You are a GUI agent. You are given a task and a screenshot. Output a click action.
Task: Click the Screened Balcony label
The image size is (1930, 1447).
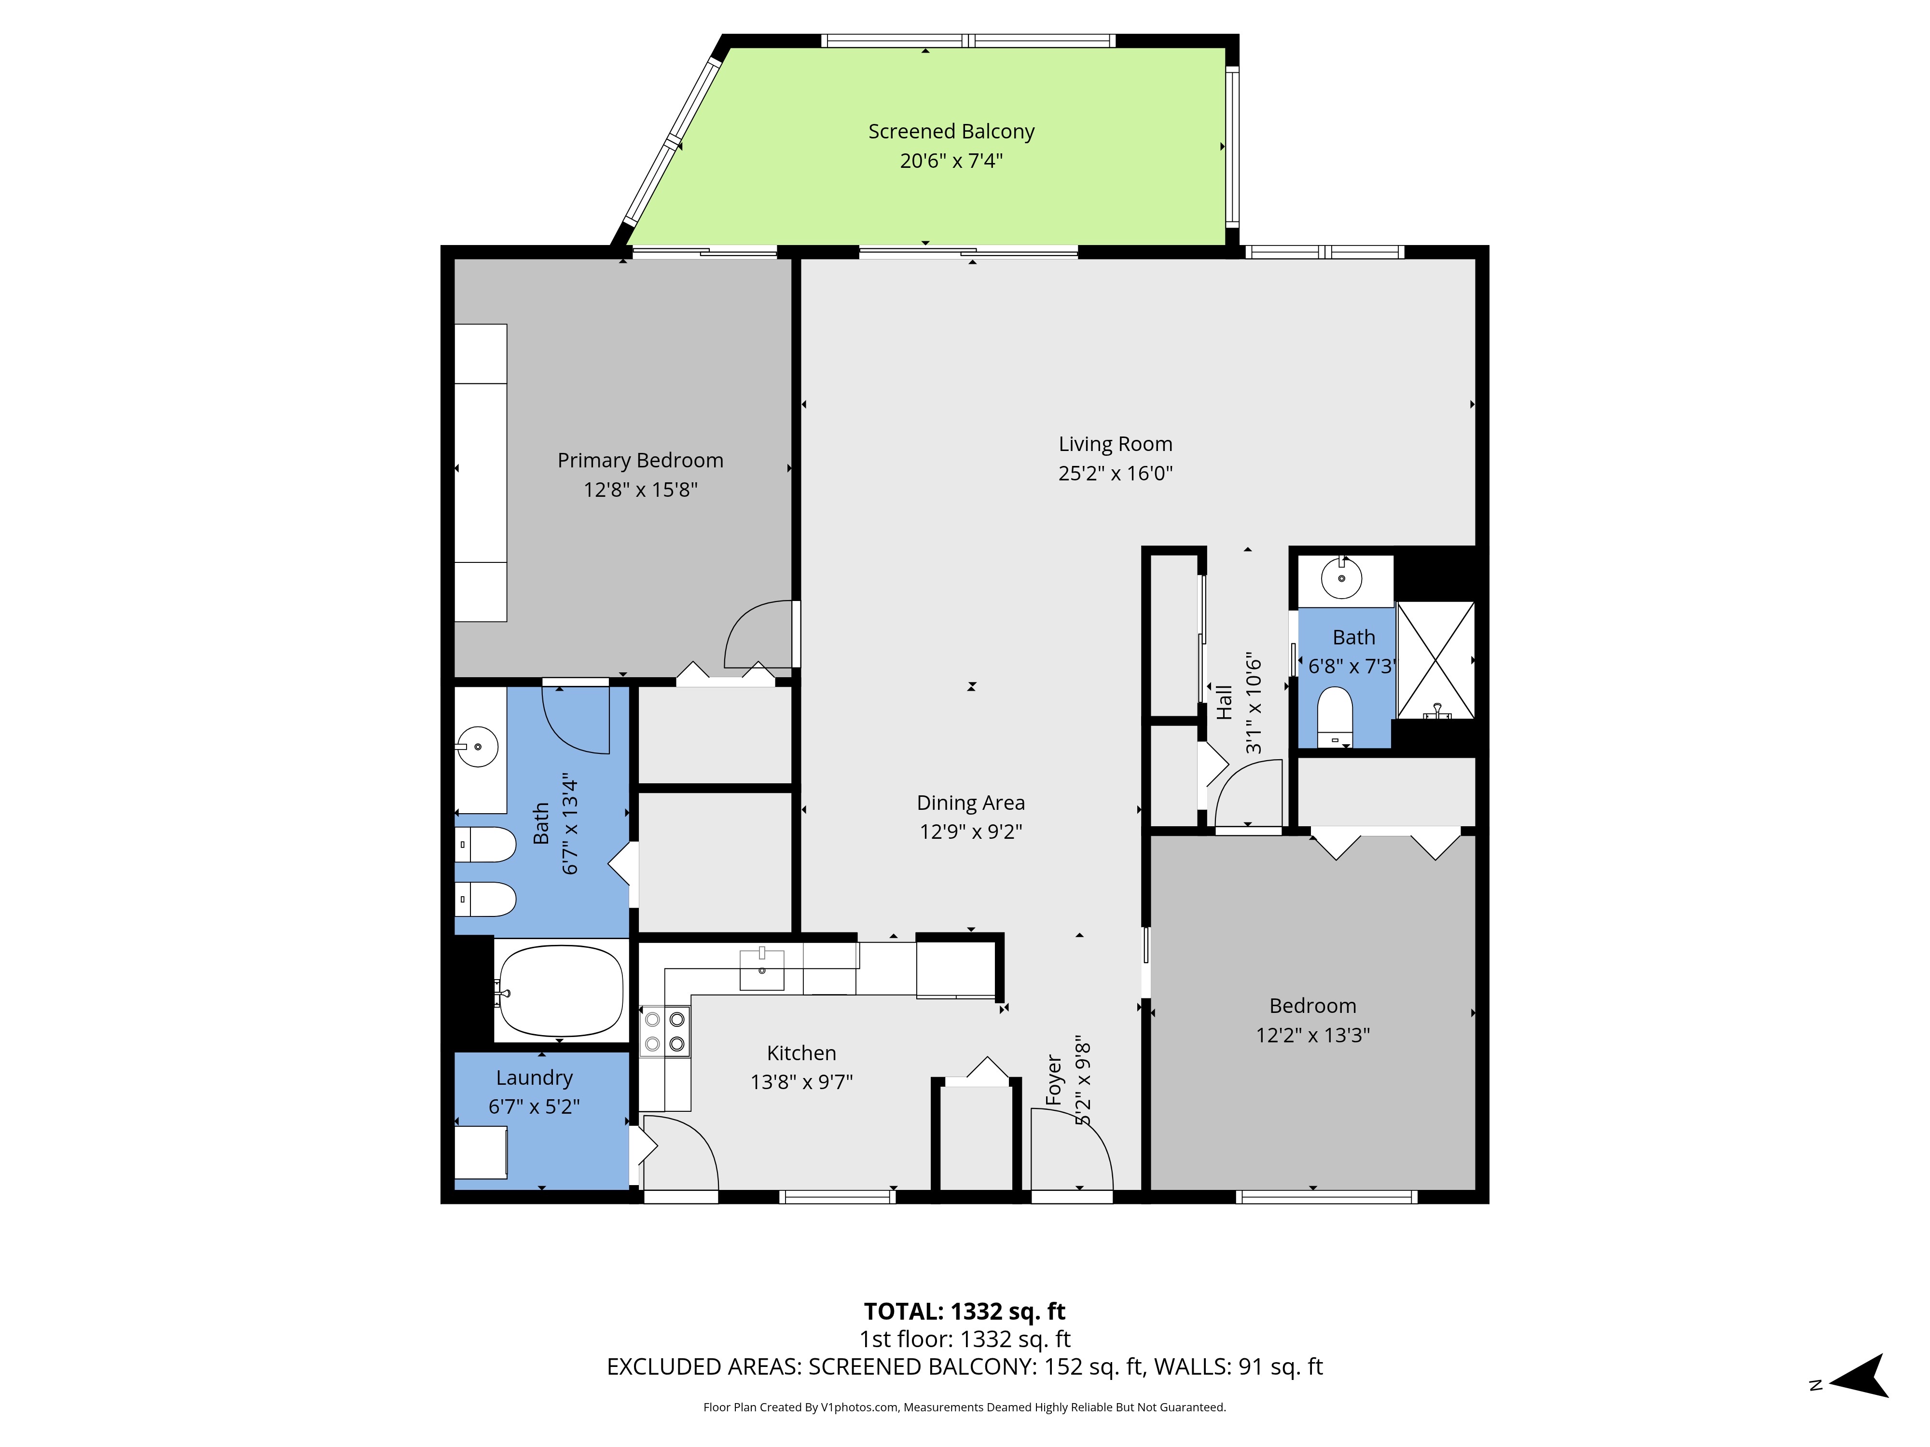(x=951, y=132)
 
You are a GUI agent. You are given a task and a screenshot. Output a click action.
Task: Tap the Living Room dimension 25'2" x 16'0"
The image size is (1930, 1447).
(x=1115, y=474)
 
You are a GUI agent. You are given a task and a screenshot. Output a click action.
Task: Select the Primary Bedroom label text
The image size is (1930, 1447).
(x=640, y=461)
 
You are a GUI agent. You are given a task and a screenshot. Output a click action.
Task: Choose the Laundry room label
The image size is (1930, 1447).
(x=534, y=1078)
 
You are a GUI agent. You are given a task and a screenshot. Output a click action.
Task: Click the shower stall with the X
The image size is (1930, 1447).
(x=1435, y=660)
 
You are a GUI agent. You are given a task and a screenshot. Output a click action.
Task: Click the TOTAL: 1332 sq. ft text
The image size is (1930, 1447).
(x=964, y=1312)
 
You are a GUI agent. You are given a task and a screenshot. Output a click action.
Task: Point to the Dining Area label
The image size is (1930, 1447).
(x=970, y=803)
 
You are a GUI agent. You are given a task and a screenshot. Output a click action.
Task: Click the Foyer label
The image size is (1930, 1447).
(x=1054, y=1080)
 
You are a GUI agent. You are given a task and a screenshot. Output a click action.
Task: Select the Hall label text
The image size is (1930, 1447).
(x=1224, y=702)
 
